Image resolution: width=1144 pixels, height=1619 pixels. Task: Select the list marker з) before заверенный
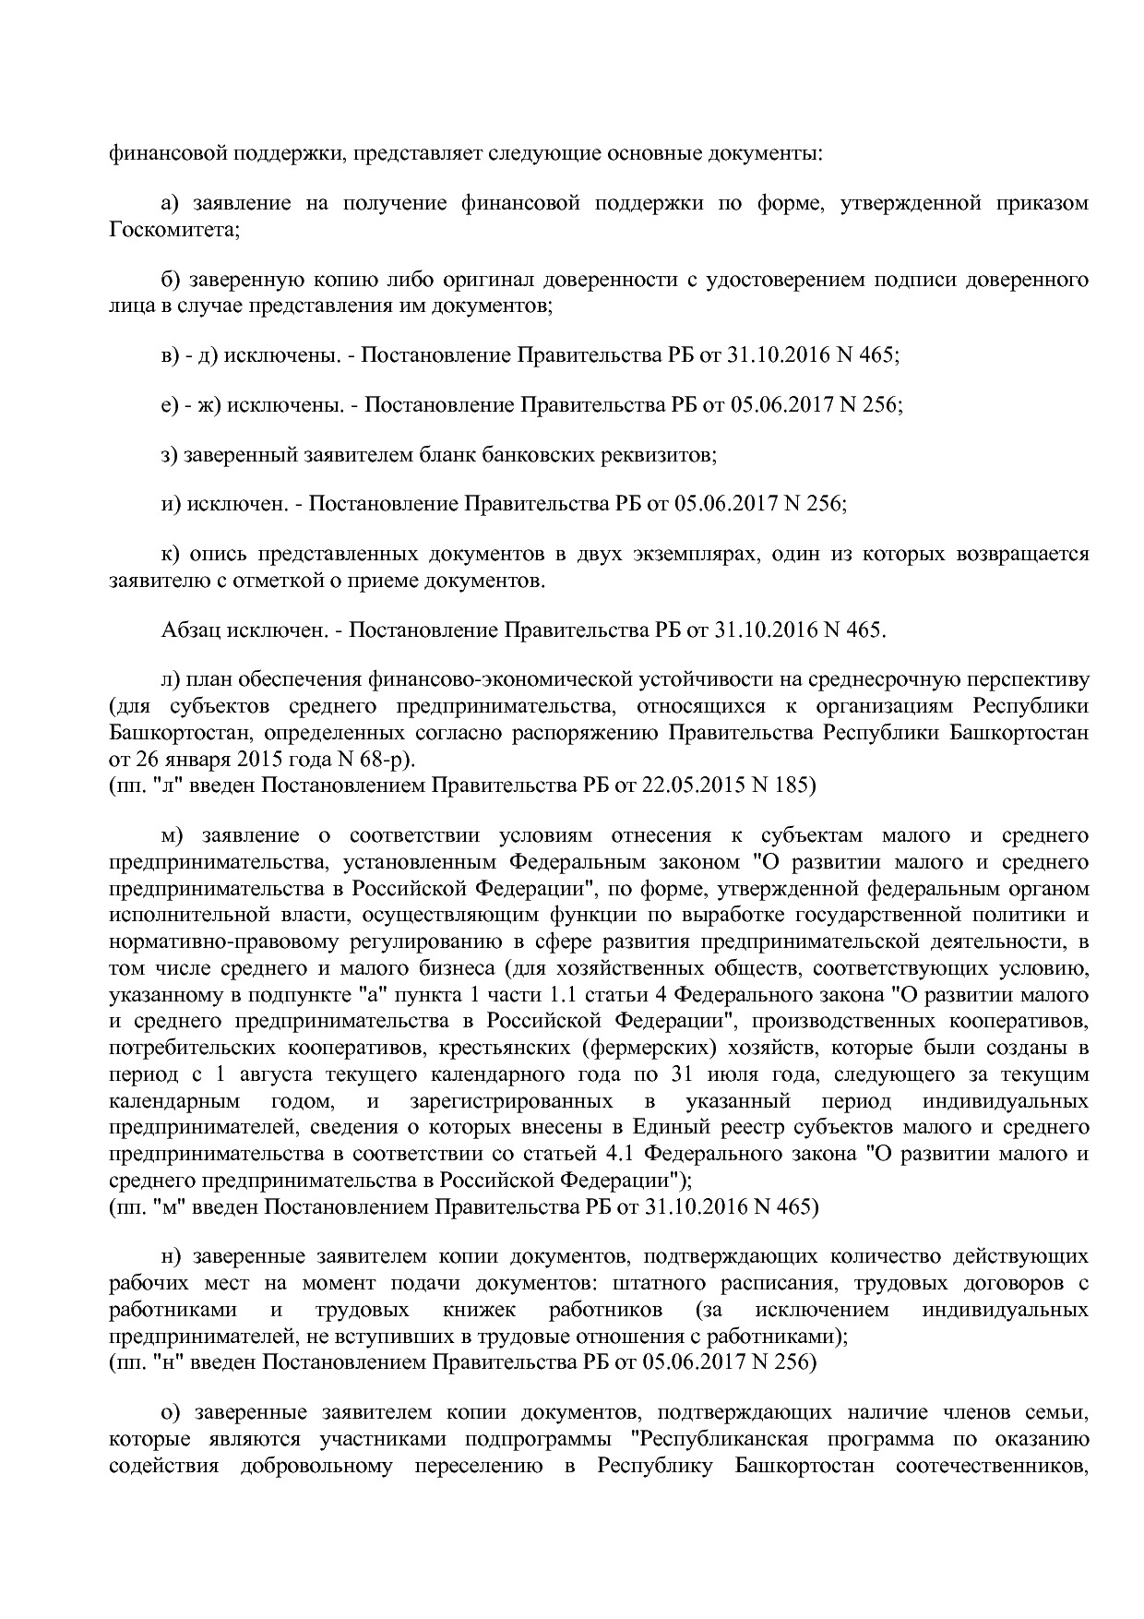[x=170, y=455]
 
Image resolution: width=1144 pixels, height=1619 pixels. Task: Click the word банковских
[x=480, y=455]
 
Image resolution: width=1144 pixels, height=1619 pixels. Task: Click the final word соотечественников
[x=992, y=1467]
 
